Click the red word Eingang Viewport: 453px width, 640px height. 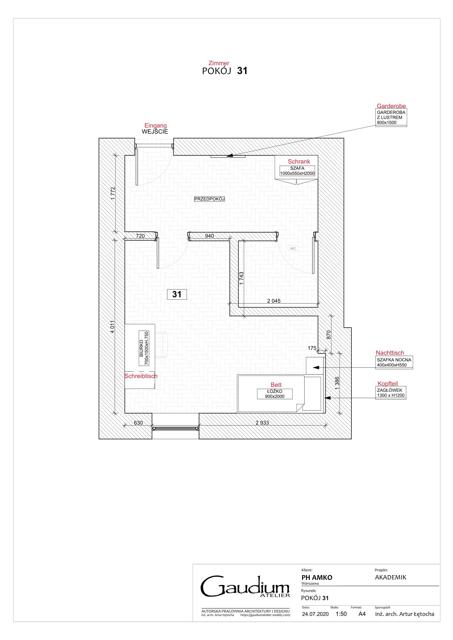click(155, 125)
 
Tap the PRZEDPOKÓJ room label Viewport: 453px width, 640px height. click(209, 199)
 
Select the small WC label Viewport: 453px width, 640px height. click(293, 248)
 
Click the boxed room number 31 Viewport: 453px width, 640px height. click(177, 294)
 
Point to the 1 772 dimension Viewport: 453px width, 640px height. click(113, 193)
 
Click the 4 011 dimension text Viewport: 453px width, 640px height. click(112, 327)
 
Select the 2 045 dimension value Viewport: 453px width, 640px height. click(274, 301)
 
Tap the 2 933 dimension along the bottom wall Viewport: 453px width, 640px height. click(262, 422)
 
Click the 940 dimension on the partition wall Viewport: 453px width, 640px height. click(209, 236)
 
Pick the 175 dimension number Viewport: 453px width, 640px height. click(312, 348)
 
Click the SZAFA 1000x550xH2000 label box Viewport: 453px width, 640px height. click(297, 171)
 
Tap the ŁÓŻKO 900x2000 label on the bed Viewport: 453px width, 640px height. click(274, 394)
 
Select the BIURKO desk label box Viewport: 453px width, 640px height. click(144, 348)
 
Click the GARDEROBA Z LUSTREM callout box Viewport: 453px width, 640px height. click(391, 117)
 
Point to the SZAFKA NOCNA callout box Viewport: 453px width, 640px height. click(394, 362)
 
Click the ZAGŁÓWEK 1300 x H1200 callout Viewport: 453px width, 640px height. click(391, 393)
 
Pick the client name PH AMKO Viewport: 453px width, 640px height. click(317, 577)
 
